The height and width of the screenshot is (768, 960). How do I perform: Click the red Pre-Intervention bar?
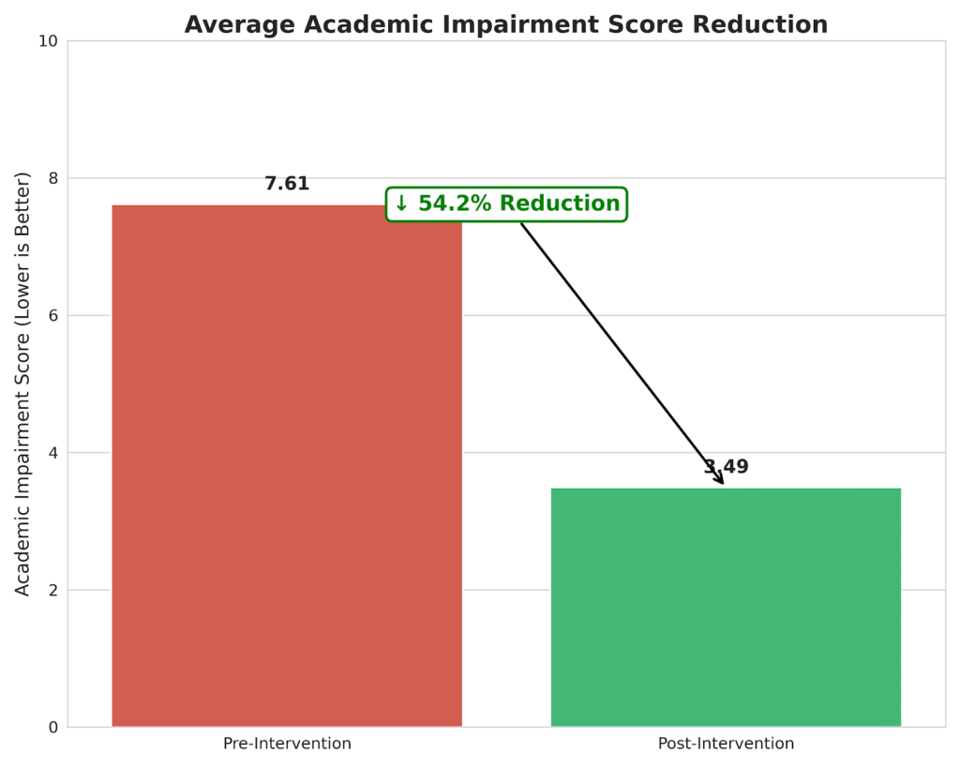coord(287,466)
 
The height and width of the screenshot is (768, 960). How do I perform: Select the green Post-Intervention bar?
coord(726,607)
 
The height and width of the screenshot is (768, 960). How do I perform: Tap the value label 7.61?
coord(287,185)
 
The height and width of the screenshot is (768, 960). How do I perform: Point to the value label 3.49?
coord(727,467)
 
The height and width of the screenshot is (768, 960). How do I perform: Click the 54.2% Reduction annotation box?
coord(506,204)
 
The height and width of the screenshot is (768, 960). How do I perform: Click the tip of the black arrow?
coord(723,484)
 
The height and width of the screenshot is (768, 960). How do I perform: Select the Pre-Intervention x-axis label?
coord(287,744)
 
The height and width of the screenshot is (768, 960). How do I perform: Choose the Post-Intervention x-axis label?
coord(726,744)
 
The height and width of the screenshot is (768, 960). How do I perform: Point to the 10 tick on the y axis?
coord(47,41)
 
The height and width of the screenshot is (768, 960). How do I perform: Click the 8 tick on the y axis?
coord(52,178)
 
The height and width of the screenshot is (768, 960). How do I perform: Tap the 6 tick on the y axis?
coord(52,316)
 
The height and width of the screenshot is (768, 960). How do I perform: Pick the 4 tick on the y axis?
coord(52,453)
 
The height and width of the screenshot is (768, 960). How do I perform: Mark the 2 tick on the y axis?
coord(52,591)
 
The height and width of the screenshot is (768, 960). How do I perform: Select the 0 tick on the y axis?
coord(52,728)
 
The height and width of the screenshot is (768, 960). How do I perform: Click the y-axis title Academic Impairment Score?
coord(23,384)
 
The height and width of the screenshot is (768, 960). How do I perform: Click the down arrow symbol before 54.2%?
coord(401,204)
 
